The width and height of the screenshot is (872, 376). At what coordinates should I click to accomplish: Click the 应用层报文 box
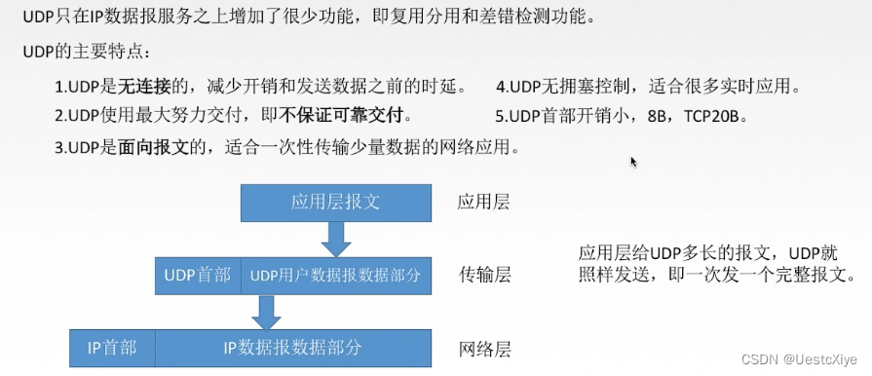coord(336,203)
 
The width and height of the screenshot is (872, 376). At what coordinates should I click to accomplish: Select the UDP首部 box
coord(198,275)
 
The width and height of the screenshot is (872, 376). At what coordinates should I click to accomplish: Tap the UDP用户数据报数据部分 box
coord(335,275)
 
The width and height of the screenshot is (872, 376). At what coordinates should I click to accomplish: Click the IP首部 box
coord(112,347)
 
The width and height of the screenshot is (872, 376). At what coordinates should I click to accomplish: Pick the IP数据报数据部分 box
coord(293,347)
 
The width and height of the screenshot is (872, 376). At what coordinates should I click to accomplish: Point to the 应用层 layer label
coord(483,203)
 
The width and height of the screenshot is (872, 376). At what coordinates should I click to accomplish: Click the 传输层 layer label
coord(484,276)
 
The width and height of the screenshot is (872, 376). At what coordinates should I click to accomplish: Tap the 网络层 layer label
coord(484,348)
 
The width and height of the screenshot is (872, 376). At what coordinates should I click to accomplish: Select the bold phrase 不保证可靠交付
coord(342,115)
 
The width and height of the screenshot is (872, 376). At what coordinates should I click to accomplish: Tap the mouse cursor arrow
coord(634,162)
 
